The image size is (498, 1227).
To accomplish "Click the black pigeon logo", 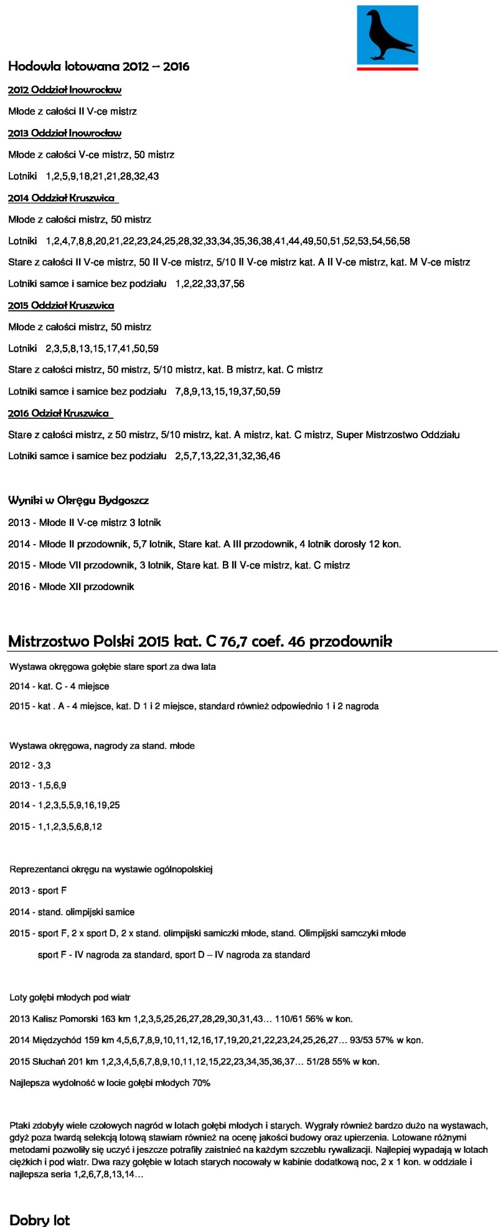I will click(387, 36).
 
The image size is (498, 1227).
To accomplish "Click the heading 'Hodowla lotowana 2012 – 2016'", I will click(98, 67).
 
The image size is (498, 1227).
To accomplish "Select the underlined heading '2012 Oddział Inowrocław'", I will click(65, 90).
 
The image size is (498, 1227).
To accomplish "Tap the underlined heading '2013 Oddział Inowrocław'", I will click(65, 133).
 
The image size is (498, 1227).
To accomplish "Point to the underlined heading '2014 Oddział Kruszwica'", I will click(62, 198).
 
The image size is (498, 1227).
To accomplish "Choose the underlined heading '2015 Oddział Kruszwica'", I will click(61, 305).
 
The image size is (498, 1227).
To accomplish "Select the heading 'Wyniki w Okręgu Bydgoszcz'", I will click(78, 500).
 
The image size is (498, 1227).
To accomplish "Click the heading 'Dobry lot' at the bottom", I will click(40, 1219).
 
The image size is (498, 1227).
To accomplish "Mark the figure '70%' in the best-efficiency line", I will click(201, 1083).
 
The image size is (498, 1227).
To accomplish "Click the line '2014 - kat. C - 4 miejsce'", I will click(59, 687).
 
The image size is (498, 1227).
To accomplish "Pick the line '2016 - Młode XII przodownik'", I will click(71, 587).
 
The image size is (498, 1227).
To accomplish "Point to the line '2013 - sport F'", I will click(38, 891).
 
